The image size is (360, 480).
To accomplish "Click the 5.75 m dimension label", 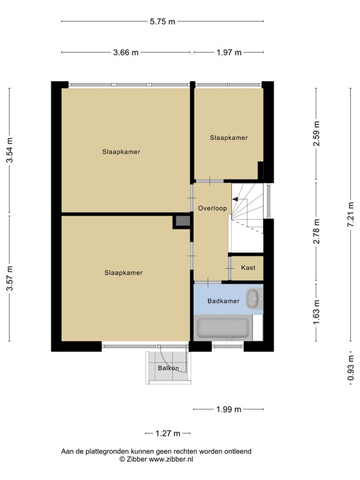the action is pyautogui.click(x=162, y=21).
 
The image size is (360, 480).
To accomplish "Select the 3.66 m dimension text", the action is pyautogui.click(x=126, y=52).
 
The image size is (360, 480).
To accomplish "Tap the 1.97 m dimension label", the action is pyautogui.click(x=229, y=52).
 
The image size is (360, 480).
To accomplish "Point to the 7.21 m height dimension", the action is pyautogui.click(x=351, y=214).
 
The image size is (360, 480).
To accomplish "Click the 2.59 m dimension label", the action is pyautogui.click(x=316, y=134).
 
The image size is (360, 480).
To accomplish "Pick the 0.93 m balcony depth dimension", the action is pyautogui.click(x=351, y=368).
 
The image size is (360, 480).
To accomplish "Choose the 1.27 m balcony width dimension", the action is pyautogui.click(x=167, y=434).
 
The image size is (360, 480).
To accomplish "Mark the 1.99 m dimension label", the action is pyautogui.click(x=229, y=409).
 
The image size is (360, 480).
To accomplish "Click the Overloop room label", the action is pyautogui.click(x=212, y=208).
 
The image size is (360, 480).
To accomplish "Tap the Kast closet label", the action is pyautogui.click(x=248, y=267).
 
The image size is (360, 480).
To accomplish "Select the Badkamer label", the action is pyautogui.click(x=224, y=301).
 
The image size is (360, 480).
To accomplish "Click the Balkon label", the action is pyautogui.click(x=168, y=368).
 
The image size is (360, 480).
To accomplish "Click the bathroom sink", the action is pyautogui.click(x=254, y=299).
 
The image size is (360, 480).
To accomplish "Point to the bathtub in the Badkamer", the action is pyautogui.click(x=222, y=328).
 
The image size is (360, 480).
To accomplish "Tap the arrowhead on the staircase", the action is pyautogui.click(x=235, y=199).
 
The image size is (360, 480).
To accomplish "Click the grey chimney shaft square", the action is pyautogui.click(x=182, y=221).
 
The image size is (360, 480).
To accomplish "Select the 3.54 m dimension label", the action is pyautogui.click(x=10, y=150).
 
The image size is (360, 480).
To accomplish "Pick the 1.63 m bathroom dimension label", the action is pyautogui.click(x=316, y=312).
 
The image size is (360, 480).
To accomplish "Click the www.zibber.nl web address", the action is pyautogui.click(x=171, y=459).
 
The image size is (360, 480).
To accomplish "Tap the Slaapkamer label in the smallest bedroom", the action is pyautogui.click(x=229, y=137).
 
